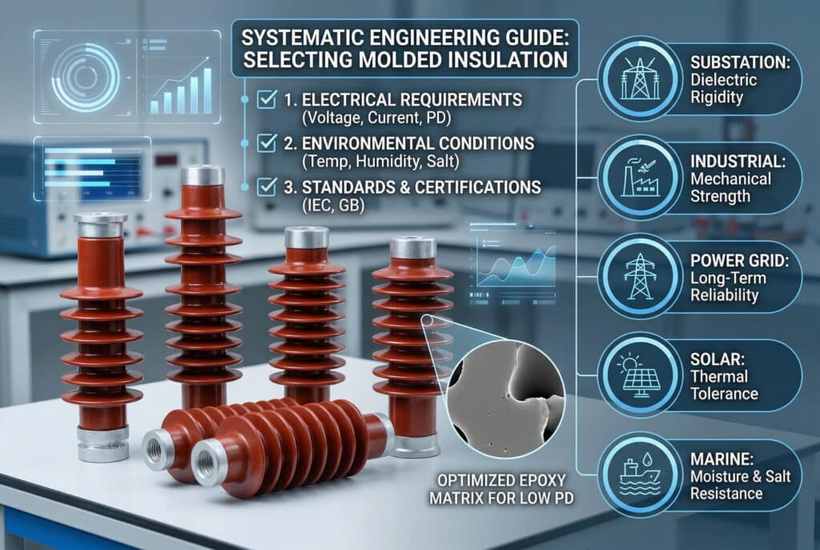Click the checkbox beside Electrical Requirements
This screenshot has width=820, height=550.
coord(267,98)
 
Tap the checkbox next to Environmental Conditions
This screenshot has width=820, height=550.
coord(267,143)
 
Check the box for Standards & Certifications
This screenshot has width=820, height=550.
coord(267,187)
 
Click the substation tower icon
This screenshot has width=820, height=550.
coord(640,79)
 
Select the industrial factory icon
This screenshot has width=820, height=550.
coord(640,177)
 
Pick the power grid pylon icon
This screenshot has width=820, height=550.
coord(640,276)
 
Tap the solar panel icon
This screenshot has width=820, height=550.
coord(638,375)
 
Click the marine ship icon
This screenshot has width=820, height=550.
coord(640,475)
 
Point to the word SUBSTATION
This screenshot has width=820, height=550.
coord(740,62)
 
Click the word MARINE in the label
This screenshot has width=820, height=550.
coord(722,459)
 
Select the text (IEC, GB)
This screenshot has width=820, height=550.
coord(333,206)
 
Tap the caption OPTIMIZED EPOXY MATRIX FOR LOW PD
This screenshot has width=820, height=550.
coord(501,489)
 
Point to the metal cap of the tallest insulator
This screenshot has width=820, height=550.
coord(203,175)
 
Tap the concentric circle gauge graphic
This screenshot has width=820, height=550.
coord(85,77)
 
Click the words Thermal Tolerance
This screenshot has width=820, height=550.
coord(724,385)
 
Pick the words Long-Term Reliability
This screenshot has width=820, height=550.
coord(729,287)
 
